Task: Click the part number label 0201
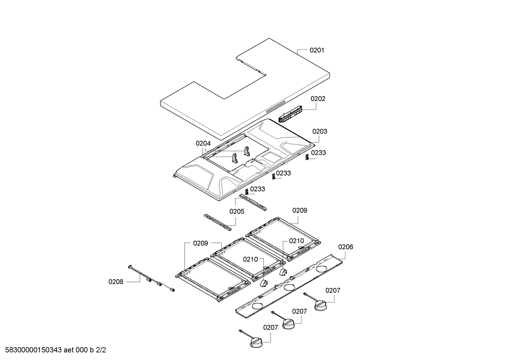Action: click(317, 50)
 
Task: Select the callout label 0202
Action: click(318, 99)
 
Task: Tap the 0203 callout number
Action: click(320, 131)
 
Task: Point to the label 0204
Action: click(203, 144)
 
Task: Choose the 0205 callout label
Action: click(237, 212)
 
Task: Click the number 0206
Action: click(346, 247)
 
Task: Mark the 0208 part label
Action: click(116, 282)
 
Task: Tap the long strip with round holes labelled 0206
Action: click(289, 286)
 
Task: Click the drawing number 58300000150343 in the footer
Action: click(33, 350)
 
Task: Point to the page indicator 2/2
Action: click(101, 350)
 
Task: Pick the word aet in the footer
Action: click(69, 350)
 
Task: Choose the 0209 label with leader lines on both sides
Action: click(201, 244)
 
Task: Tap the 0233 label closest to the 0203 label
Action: click(318, 153)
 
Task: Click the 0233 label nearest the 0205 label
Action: click(258, 189)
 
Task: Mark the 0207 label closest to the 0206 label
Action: click(333, 291)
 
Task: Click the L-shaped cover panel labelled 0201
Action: click(245, 89)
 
